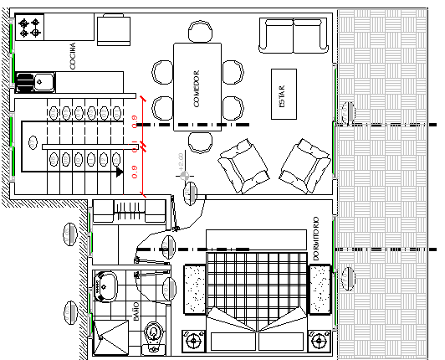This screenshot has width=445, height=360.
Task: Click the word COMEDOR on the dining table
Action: pyautogui.click(x=196, y=88)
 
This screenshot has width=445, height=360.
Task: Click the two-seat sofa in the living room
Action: pyautogui.click(x=294, y=33)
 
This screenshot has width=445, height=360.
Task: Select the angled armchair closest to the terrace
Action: pyautogui.click(x=303, y=162)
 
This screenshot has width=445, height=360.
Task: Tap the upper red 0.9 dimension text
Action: pyautogui.click(x=135, y=122)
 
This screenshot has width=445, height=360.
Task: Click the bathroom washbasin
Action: pyautogui.click(x=106, y=284)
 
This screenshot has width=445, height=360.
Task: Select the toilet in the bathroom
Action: pyautogui.click(x=153, y=336)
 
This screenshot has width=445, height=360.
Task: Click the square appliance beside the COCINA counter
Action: pyautogui.click(x=114, y=30)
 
